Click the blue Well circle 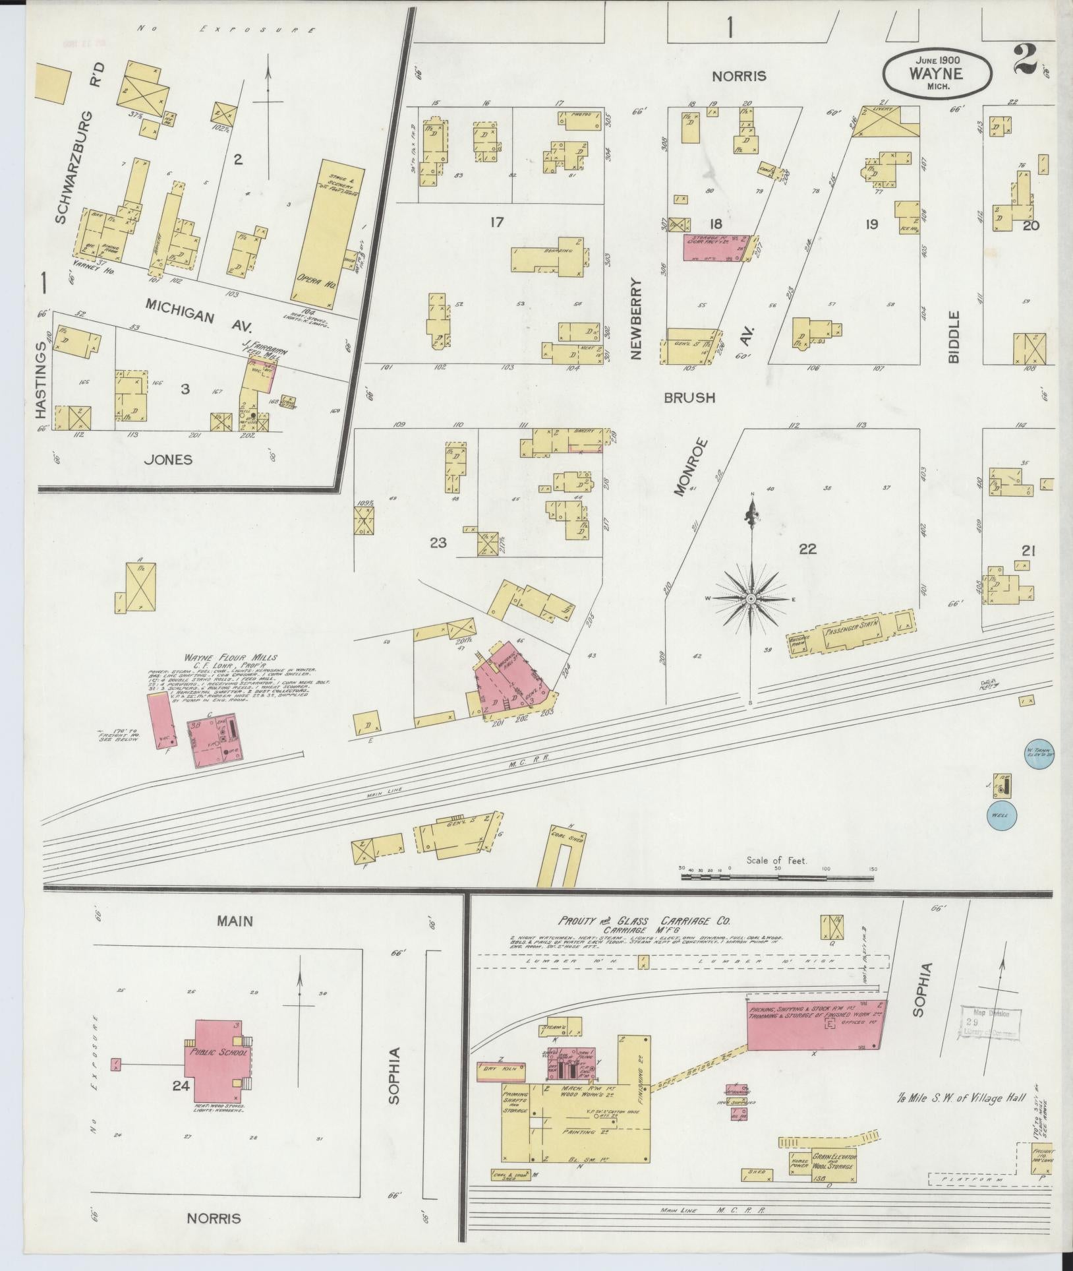(x=1001, y=816)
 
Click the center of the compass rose (x=750, y=598)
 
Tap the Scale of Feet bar (x=777, y=877)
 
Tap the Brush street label (x=689, y=398)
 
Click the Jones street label (x=169, y=459)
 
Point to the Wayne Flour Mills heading (x=230, y=658)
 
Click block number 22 (x=807, y=549)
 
